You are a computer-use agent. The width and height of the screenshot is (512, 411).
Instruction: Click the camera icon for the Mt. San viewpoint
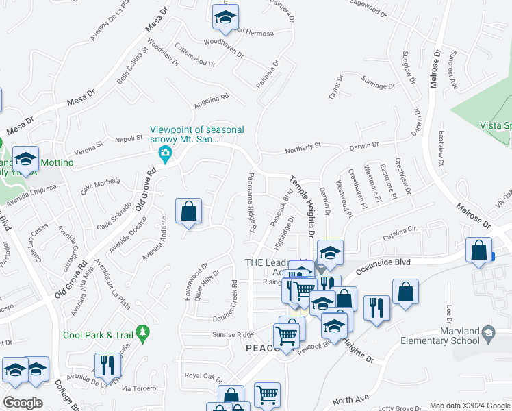click(x=164, y=154)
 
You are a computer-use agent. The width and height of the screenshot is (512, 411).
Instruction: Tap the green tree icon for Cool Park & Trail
click(x=142, y=334)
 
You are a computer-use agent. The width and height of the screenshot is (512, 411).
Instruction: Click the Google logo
click(x=23, y=403)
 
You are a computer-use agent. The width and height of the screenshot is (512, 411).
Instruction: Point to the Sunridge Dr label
click(x=379, y=83)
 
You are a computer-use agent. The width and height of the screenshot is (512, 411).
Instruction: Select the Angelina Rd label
click(x=211, y=101)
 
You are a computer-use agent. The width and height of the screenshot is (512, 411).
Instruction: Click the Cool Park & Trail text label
click(x=97, y=335)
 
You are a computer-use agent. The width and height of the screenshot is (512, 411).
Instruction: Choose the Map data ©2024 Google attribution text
click(x=468, y=406)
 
